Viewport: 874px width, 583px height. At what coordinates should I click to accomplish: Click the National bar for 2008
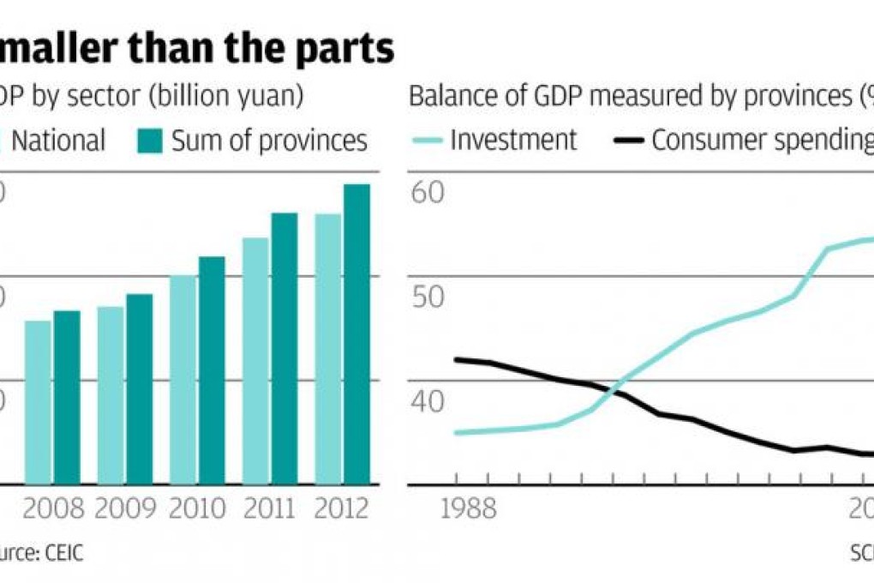click(x=38, y=402)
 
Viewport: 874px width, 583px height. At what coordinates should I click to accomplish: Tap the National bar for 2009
click(x=110, y=395)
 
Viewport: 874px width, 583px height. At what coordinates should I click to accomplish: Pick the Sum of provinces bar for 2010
click(x=212, y=370)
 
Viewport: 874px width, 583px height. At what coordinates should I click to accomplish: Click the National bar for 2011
click(x=255, y=361)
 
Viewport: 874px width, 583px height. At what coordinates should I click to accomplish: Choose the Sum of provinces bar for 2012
click(x=357, y=334)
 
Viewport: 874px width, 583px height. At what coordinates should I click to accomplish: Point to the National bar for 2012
click(x=328, y=349)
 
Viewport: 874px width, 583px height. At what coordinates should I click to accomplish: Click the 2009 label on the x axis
click(x=125, y=509)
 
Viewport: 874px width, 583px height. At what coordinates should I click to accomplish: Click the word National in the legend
click(x=58, y=141)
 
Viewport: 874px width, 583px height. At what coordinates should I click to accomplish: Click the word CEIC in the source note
click(x=62, y=553)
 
